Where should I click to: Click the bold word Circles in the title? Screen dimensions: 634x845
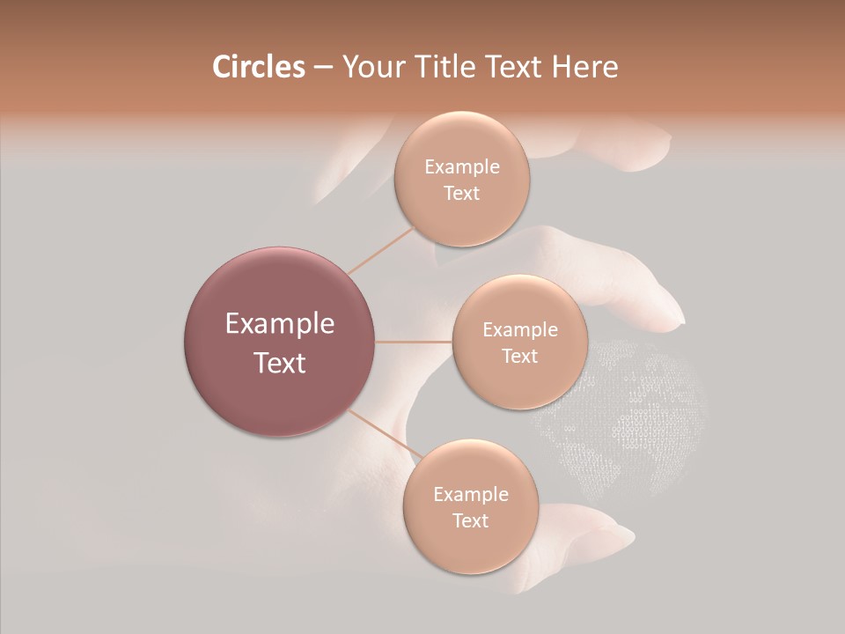(258, 67)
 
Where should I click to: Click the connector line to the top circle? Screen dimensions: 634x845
(381, 250)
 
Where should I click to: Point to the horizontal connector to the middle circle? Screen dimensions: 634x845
(414, 342)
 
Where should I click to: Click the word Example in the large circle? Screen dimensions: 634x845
(280, 324)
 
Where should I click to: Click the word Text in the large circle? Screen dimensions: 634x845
(280, 363)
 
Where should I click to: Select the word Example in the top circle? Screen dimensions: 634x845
(462, 167)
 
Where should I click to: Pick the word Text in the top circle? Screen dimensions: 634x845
(462, 194)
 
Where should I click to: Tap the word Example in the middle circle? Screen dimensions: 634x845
(520, 330)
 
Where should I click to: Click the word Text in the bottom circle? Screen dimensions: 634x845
(470, 520)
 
